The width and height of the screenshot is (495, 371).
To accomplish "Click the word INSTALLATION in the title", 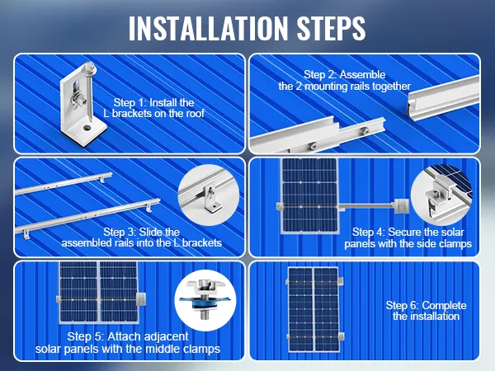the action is tap(209, 28).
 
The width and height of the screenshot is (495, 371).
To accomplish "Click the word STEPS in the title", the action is tap(331, 28).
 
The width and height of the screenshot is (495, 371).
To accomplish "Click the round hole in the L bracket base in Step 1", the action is tap(87, 129).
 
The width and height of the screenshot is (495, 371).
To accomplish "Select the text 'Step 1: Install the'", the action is tap(153, 102).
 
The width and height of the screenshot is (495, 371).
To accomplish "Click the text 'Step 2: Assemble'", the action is tap(344, 75).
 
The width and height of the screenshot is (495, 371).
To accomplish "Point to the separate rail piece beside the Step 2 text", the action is tap(444, 98).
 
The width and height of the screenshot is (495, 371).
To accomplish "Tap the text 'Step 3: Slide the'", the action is tap(141, 232).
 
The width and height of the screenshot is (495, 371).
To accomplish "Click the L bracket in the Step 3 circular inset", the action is tap(212, 199).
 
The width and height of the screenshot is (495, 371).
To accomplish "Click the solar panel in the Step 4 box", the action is tap(309, 196).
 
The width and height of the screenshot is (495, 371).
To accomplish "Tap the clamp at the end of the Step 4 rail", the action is tap(400, 206).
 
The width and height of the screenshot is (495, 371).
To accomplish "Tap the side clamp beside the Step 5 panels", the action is tap(141, 299).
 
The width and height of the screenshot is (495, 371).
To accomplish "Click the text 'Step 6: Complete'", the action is tap(426, 305).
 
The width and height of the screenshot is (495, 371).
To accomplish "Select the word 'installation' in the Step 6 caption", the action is tap(436, 316).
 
